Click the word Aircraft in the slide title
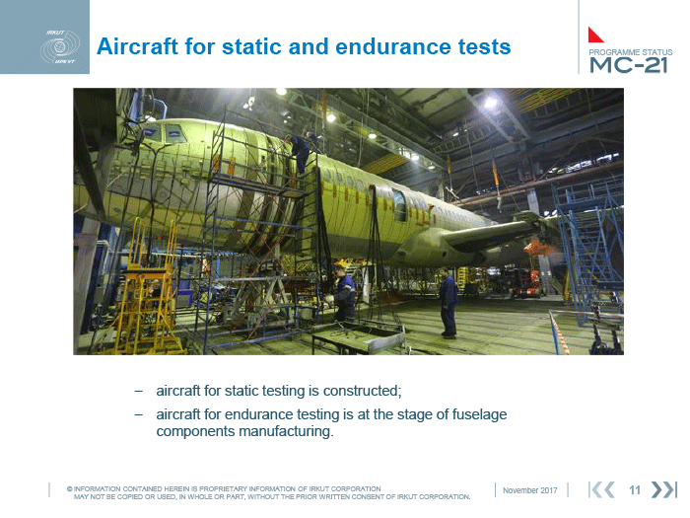click(x=137, y=46)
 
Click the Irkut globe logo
click(x=60, y=46)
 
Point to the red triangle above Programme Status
click(x=594, y=36)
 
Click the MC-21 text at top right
click(x=629, y=65)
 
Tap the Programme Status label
click(x=631, y=52)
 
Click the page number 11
click(x=634, y=489)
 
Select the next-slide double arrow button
click(x=663, y=489)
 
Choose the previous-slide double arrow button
click(x=601, y=489)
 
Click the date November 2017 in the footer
click(x=530, y=490)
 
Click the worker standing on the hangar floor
click(x=448, y=303)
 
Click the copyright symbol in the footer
click(x=70, y=488)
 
